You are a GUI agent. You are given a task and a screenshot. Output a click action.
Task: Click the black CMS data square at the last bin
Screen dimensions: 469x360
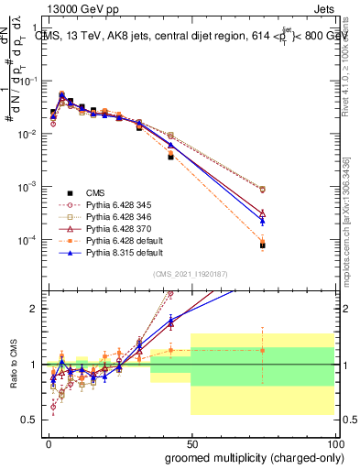(x=262, y=245)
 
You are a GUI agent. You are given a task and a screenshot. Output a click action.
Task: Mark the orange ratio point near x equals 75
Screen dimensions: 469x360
(x=262, y=350)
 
